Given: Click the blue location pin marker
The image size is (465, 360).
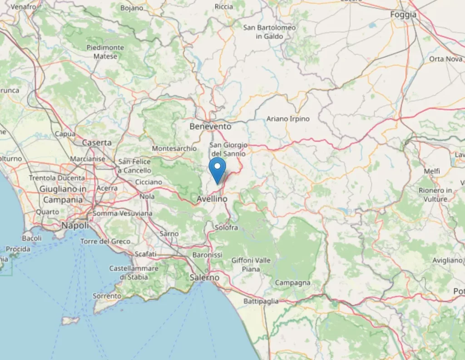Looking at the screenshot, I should point(218,169).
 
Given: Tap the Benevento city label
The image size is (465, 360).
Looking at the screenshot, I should point(210,126).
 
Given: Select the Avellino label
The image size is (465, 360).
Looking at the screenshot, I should point(212,199).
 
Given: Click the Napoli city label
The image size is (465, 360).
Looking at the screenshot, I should point(75,225).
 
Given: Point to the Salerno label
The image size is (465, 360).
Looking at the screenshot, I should point(205,277).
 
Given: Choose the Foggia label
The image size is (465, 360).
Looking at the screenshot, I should point(403,15).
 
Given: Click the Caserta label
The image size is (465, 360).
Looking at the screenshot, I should point(97,142).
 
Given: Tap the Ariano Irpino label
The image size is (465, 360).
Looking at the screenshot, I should point(288,119).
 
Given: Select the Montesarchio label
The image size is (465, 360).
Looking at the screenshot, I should point(174,148).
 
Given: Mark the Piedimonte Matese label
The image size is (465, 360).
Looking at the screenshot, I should point(105,52).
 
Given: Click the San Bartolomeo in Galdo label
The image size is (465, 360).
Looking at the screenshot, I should point(269,32).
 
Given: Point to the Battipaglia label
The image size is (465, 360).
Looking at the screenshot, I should point(261,301).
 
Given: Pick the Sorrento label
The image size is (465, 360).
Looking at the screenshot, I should point(107,296).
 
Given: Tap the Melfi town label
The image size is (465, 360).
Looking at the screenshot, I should point(431,171).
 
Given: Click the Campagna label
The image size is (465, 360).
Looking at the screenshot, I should point(293,283).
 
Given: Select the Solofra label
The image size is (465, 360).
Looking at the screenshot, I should point(227,227).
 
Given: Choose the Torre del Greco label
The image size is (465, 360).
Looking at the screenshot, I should point(105,241).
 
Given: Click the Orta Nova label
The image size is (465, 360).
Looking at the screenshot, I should point(446,59).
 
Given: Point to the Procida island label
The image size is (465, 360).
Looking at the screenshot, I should point(18,249).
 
